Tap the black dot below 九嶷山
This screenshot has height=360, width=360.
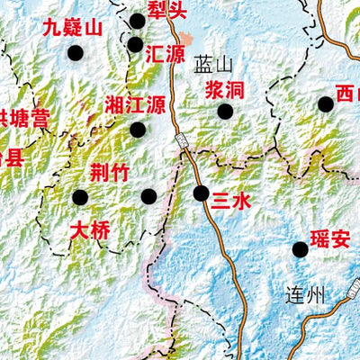click(x=75, y=54)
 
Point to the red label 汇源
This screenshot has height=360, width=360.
click(x=166, y=54)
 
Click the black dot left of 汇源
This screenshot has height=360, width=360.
click(x=135, y=44)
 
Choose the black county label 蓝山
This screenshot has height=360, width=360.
click(x=213, y=64)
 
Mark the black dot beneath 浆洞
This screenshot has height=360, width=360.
click(x=225, y=112)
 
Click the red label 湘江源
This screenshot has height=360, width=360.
click(x=136, y=102)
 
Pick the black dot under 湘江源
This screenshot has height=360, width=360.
click(x=138, y=130)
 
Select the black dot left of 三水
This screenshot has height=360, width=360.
click(x=201, y=193)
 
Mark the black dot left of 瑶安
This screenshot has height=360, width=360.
click(x=300, y=249)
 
